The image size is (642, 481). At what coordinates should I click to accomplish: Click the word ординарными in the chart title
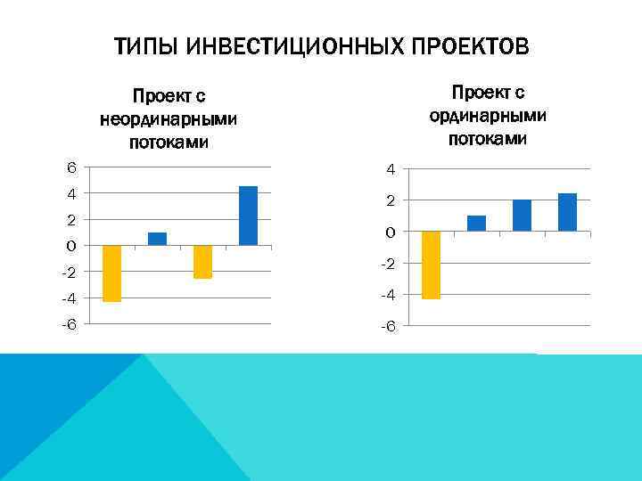488,116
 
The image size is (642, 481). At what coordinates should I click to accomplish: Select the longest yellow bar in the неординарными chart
111,273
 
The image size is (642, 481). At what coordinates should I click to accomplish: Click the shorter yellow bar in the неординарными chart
202,262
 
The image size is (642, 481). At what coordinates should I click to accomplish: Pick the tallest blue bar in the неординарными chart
248,216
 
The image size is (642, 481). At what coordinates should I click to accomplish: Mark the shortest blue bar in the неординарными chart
157,239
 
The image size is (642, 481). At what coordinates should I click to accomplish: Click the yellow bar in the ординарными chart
431,265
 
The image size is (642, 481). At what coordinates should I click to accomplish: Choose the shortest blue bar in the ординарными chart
476,224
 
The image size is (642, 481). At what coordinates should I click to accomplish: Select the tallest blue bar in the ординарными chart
567,212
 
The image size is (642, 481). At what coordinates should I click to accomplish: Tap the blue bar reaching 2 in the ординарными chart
522,216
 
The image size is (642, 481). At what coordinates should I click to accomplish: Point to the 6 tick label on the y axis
71,167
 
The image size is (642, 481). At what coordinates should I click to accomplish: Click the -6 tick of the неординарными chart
68,323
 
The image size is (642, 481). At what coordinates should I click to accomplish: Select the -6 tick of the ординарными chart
388,327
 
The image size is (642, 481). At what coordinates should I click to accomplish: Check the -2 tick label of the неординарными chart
68,272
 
